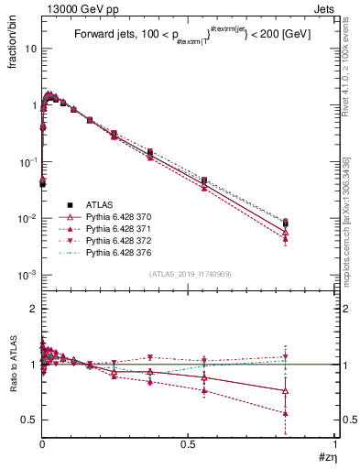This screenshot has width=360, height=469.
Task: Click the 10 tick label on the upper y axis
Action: tap(29, 49)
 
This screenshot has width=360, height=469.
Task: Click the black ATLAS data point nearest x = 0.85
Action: tap(285, 224)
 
